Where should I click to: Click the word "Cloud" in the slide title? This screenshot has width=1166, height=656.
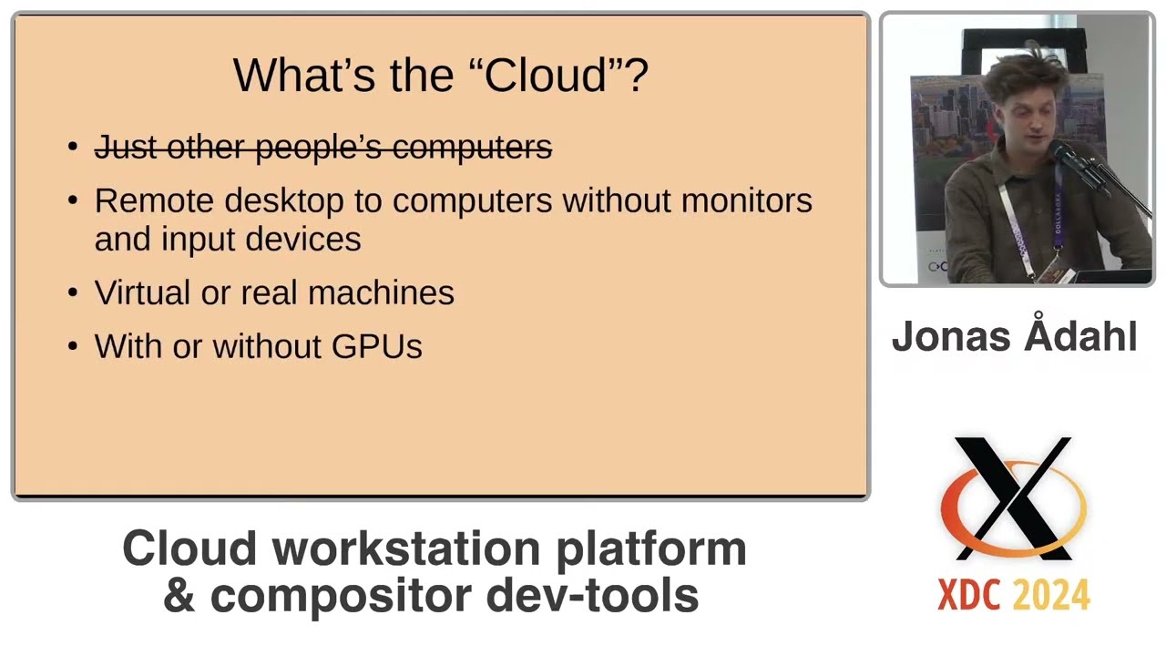pyautogui.click(x=545, y=75)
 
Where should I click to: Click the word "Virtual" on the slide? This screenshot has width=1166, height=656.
pyautogui.click(x=142, y=292)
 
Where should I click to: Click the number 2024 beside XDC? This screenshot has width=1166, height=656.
pyautogui.click(x=1052, y=595)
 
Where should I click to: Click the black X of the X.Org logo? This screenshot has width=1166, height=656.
pyautogui.click(x=1013, y=497)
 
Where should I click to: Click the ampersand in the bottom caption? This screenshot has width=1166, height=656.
pyautogui.click(x=179, y=595)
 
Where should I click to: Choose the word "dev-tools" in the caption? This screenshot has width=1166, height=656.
pyautogui.click(x=592, y=595)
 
